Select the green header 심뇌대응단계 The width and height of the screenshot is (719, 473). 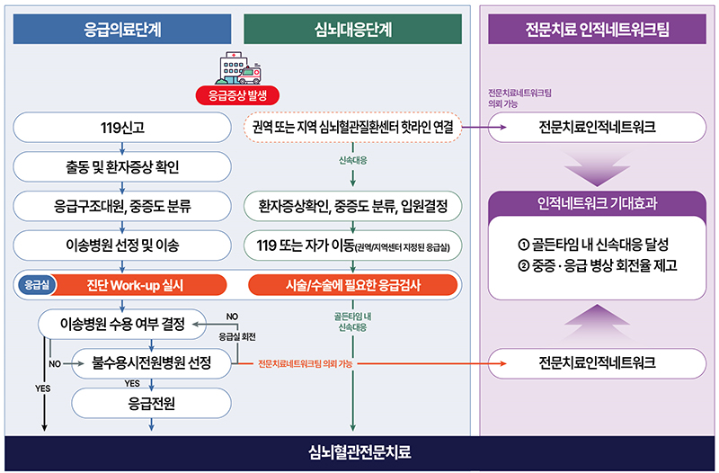click(x=352, y=29)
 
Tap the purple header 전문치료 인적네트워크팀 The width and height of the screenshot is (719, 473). click(x=597, y=29)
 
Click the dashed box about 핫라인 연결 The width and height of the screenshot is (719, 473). click(x=353, y=128)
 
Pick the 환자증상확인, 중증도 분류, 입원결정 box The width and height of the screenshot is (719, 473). click(x=353, y=206)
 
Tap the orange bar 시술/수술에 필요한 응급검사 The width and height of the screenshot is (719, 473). click(x=353, y=285)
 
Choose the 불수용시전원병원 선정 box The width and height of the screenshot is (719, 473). click(x=151, y=363)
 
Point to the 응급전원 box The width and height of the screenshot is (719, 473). click(x=151, y=403)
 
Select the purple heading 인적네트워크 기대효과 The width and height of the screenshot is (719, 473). click(x=596, y=204)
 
